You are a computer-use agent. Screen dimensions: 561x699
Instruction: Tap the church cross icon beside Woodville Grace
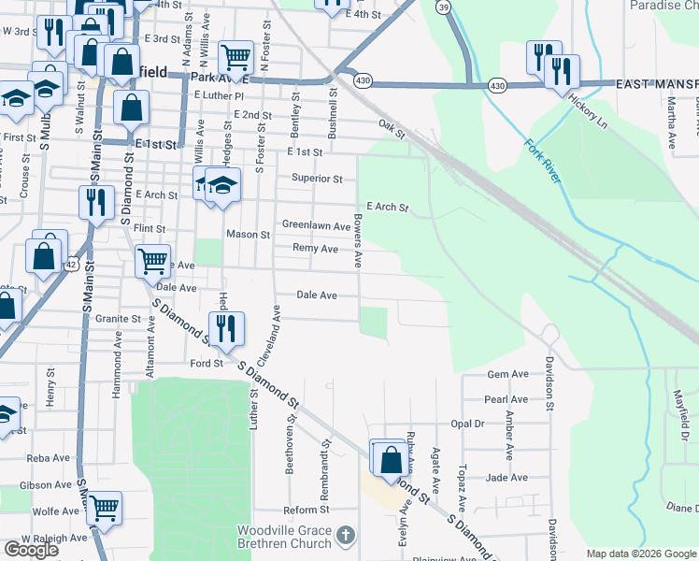[x=346, y=535]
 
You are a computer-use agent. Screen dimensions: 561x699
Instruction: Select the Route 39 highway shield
[x=443, y=7]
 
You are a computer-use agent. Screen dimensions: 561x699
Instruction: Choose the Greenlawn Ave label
[x=316, y=225]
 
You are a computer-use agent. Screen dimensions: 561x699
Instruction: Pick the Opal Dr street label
[x=467, y=424]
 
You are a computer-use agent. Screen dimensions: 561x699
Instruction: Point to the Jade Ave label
[x=508, y=477]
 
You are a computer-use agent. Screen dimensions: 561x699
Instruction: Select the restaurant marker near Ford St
[x=226, y=328]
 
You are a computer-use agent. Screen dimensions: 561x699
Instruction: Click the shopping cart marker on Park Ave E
[x=236, y=58]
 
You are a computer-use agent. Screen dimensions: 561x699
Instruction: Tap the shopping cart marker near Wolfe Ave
[x=104, y=508]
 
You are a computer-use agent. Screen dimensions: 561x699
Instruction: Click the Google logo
[x=31, y=550]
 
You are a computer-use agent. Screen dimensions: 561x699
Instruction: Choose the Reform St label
[x=307, y=511]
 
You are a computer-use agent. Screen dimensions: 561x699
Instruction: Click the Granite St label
[x=118, y=319]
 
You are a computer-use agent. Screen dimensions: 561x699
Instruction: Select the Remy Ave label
[x=315, y=249]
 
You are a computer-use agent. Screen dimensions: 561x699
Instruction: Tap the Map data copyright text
[x=641, y=554]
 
